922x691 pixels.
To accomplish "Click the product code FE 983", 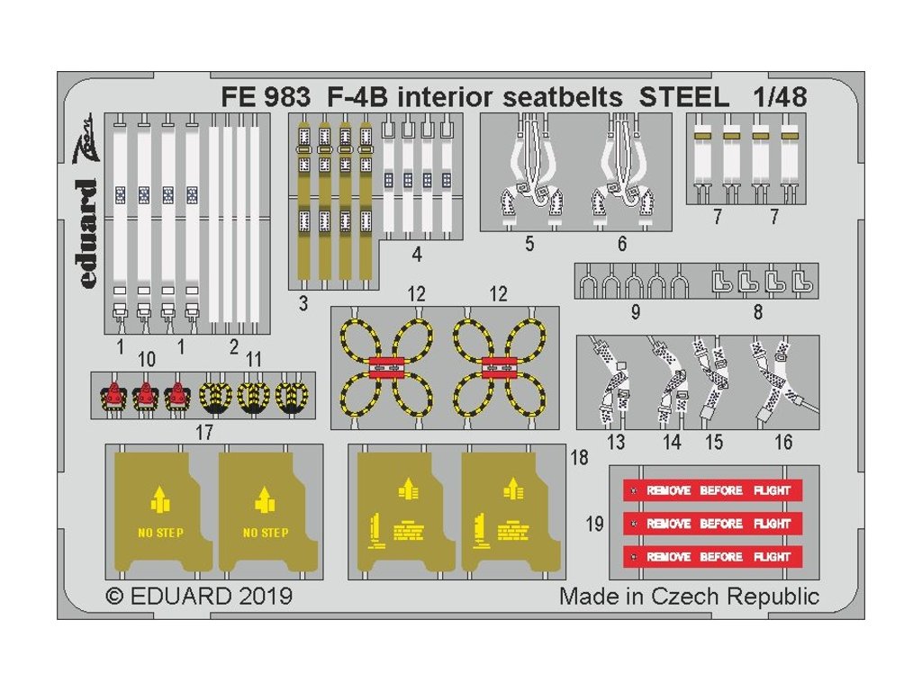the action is coord(265,98).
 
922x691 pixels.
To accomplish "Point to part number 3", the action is coord(303,304).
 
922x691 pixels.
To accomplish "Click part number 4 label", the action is coord(416,255).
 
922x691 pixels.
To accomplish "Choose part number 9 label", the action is coord(636,312).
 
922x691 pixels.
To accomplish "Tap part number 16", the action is coord(783,442).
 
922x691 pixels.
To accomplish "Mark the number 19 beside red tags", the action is coord(594,524).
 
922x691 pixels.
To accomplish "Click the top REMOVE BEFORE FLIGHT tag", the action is coord(712,490).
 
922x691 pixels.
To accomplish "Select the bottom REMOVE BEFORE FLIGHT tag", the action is coord(712,556).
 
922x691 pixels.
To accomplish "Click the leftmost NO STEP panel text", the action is coord(160,533).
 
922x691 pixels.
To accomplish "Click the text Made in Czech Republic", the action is coord(689,596).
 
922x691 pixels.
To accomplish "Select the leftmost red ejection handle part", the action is coord(113,393).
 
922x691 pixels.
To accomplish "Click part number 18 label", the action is coord(579,457).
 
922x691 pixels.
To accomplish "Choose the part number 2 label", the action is coord(234,346).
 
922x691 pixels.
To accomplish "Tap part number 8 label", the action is coord(757,312).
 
